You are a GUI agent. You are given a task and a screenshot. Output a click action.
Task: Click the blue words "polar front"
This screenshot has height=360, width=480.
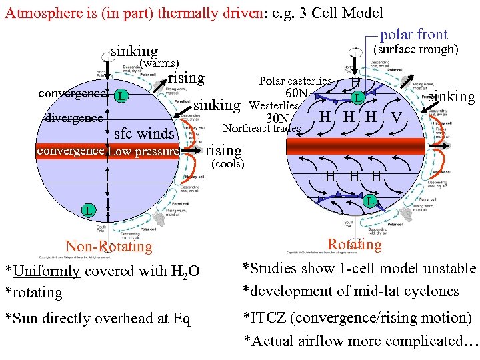coord(413,35)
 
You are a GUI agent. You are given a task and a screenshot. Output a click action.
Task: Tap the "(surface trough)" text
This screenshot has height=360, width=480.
coord(414,50)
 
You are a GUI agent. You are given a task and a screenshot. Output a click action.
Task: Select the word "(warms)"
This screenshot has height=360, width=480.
coord(157,64)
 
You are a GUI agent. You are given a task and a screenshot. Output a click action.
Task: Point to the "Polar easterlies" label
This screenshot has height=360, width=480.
coord(295,81)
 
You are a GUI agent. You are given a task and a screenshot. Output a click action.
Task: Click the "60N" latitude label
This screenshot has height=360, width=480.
coord(296,93)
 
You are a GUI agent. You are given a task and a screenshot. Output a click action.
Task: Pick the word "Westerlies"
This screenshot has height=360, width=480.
coord(273,106)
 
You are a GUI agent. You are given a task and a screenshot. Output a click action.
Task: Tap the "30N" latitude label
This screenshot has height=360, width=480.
coord(277,118)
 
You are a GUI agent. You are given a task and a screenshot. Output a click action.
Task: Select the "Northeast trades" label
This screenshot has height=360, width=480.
coord(262,129)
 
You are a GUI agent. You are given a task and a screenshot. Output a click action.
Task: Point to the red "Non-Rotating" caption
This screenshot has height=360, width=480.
coord(109,247)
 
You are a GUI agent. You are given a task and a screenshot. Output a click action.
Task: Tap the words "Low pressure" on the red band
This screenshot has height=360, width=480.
coord(143,151)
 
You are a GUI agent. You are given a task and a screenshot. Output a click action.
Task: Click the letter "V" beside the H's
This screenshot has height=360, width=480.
coord(397,117)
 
